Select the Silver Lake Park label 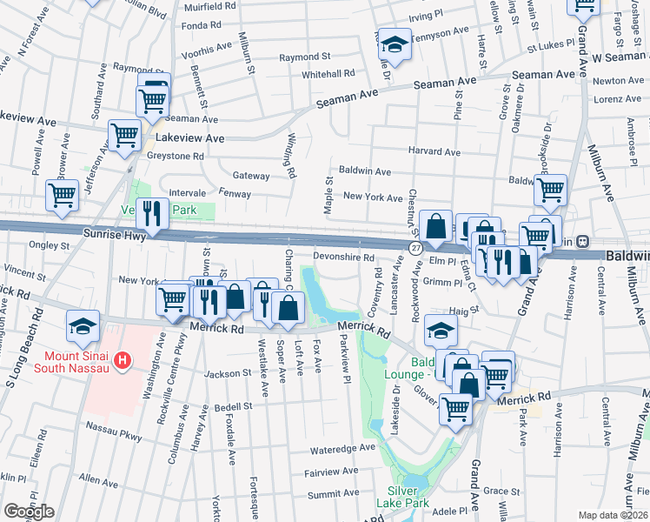408,496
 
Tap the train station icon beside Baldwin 583,241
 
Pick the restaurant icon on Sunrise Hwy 152,213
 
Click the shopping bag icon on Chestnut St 436,226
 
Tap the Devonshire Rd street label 343,258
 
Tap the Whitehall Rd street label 328,75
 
